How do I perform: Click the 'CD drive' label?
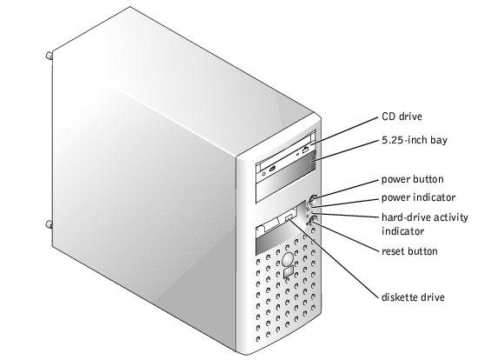[x=402, y=117]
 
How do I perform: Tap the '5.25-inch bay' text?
[x=415, y=140]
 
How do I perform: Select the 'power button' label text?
[x=413, y=179]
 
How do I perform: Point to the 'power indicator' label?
[x=418, y=197]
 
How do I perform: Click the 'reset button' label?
[x=409, y=251]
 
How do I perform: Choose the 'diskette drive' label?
[x=413, y=297]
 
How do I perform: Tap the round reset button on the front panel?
[x=314, y=220]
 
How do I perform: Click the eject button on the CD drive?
[x=305, y=150]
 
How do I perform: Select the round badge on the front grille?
[x=288, y=259]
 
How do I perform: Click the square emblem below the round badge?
[x=288, y=272]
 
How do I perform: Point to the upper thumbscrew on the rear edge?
[x=49, y=56]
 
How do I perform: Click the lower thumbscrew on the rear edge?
[x=49, y=224]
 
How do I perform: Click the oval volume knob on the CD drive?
[x=272, y=168]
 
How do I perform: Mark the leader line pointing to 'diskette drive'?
[x=333, y=257]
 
